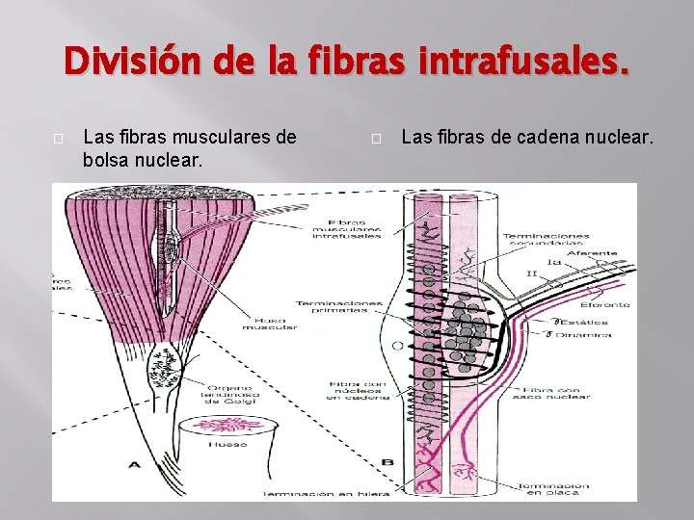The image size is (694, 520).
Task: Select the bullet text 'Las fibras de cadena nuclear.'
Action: tap(526, 137)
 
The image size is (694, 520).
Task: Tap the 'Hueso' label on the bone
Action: tap(228, 444)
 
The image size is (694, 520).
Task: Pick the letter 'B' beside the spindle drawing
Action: tap(387, 462)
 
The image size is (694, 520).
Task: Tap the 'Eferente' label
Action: tap(605, 304)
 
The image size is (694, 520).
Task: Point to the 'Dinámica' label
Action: tap(589, 334)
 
